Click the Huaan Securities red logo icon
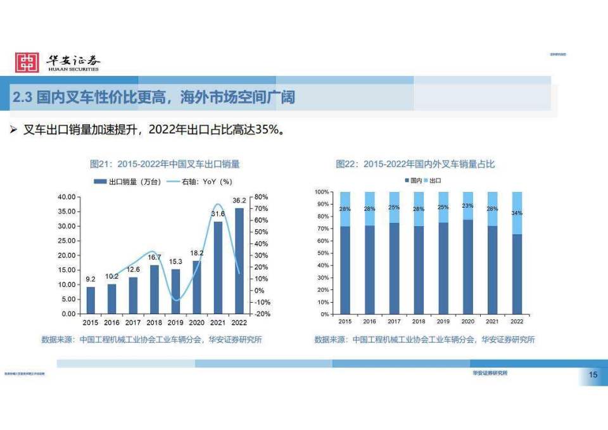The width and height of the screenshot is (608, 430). tap(27, 62)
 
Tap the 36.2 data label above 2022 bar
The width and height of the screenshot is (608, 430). tap(239, 201)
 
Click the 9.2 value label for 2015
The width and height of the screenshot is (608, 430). tap(91, 279)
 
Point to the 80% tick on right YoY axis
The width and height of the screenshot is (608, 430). tap(262, 197)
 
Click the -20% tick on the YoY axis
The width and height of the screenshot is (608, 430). tap(262, 314)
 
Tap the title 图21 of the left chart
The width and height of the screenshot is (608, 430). tap(165, 164)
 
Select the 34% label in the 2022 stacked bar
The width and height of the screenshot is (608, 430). tap(517, 213)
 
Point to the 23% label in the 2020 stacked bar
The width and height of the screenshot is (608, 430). tap(467, 206)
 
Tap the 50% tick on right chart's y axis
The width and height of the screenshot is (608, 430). tap(322, 253)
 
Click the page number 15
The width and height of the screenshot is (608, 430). tap(593, 376)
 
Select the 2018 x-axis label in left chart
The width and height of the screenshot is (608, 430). tap(155, 322)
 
